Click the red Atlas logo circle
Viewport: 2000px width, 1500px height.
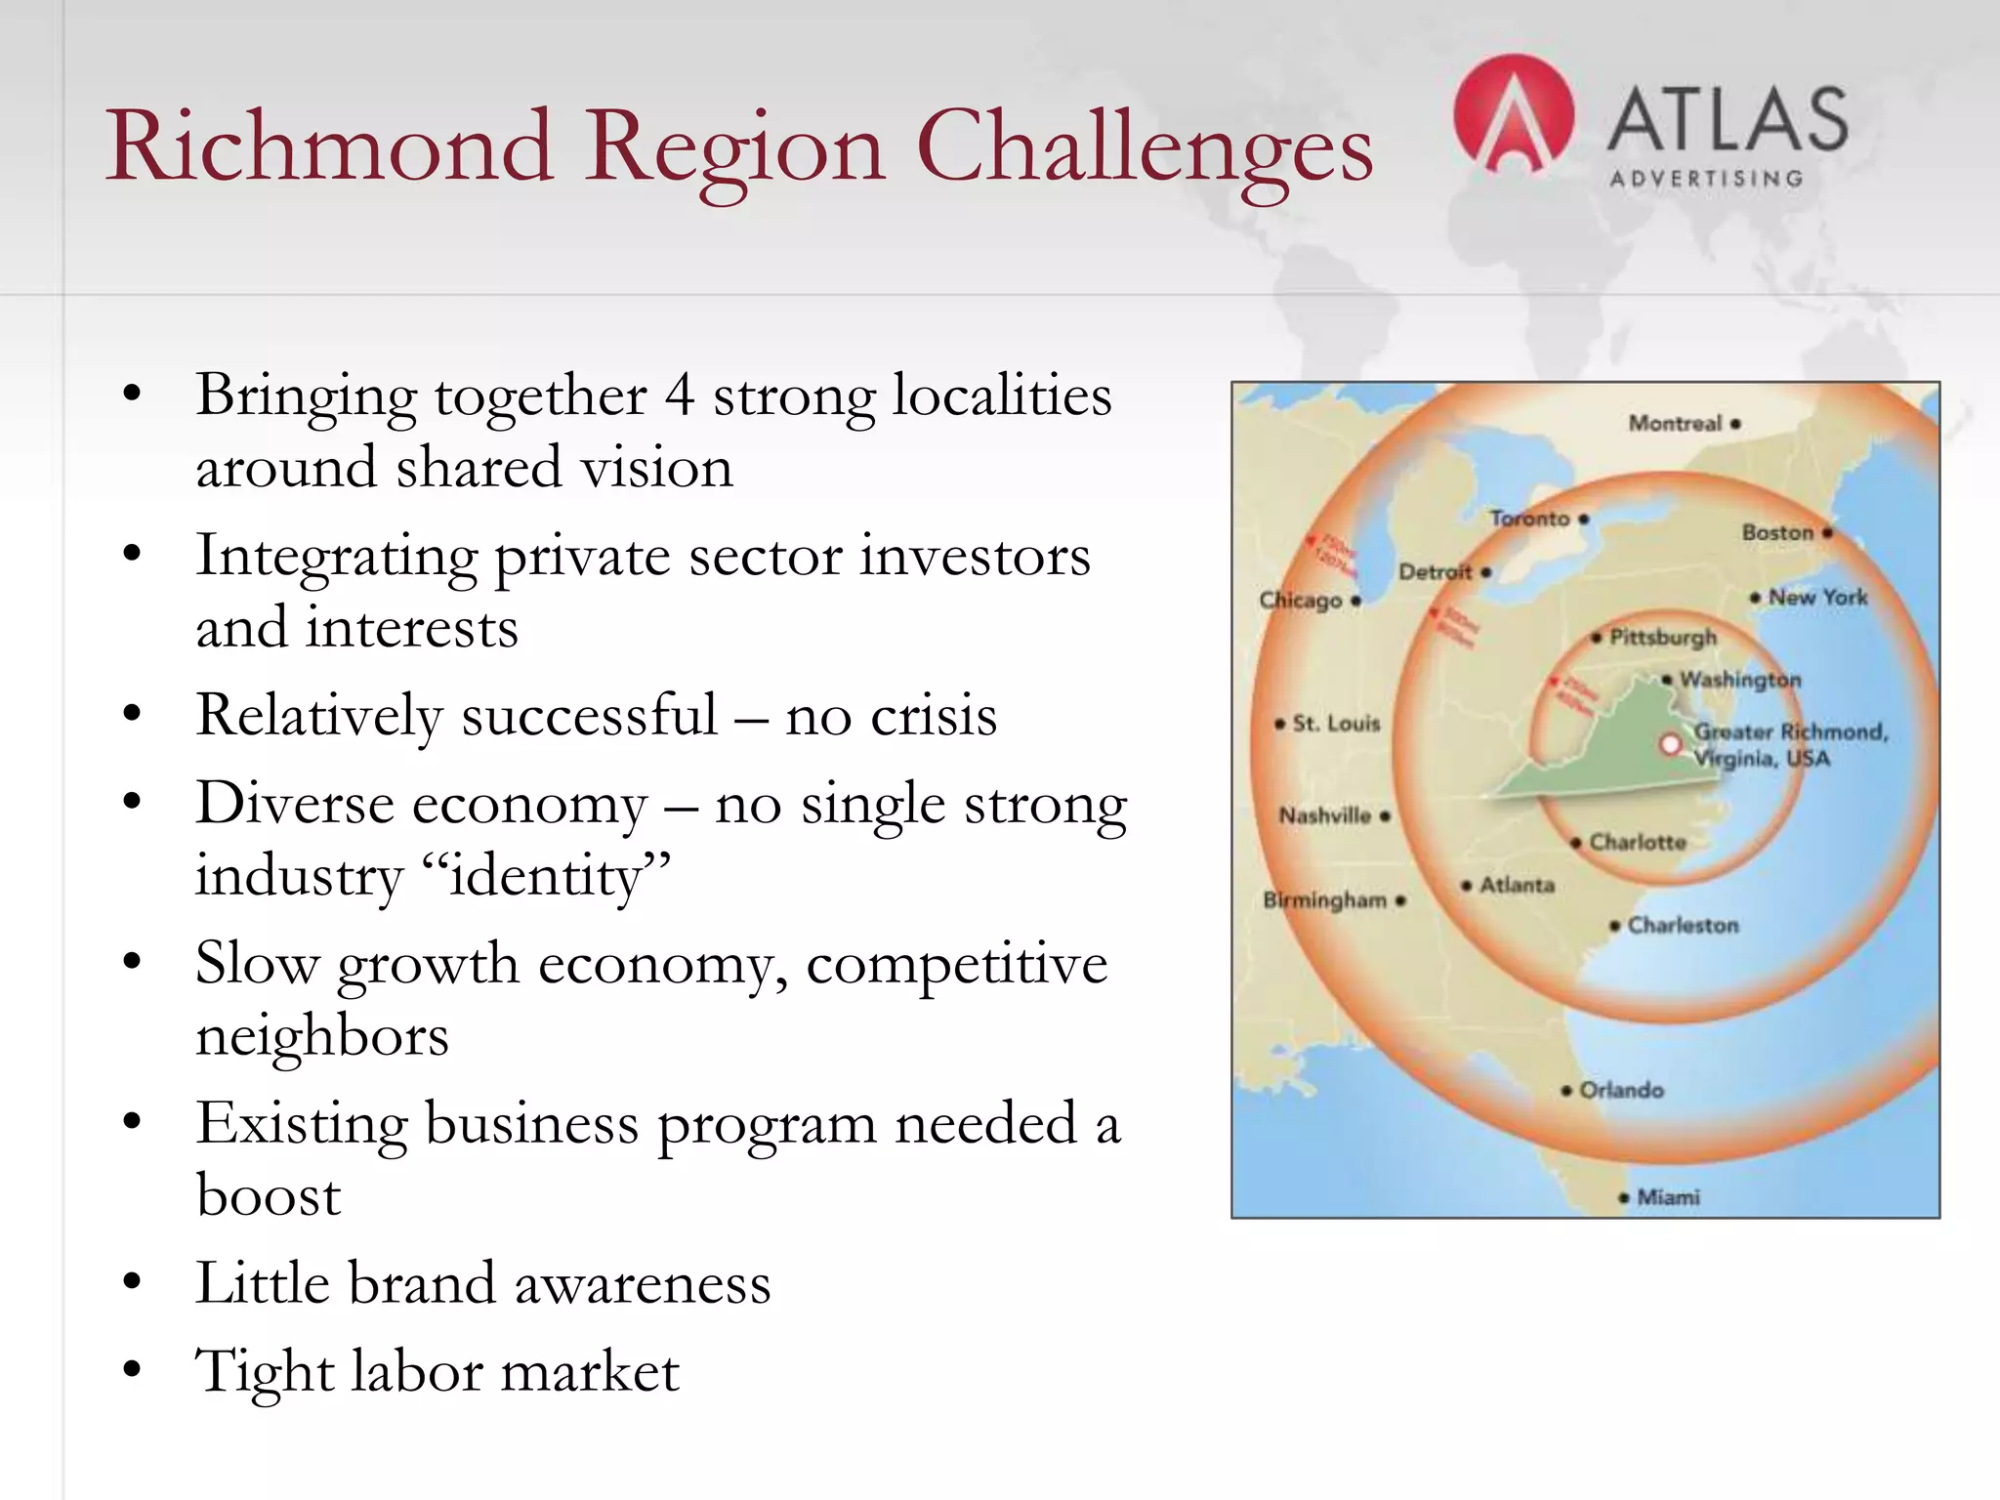(1513, 114)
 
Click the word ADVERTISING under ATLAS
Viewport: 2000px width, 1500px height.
(1706, 180)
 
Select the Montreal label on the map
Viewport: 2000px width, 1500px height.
(1675, 424)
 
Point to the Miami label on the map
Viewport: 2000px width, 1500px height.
(1668, 1197)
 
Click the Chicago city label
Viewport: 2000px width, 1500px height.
(1301, 601)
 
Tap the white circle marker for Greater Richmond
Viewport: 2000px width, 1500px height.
(1670, 745)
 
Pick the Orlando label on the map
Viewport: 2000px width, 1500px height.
(1621, 1090)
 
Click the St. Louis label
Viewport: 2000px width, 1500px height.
(1336, 724)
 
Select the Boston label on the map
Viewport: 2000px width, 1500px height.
(1777, 533)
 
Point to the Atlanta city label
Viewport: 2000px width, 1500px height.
(1517, 886)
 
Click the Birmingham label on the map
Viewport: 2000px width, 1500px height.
(1325, 900)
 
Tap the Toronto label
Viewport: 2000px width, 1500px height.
(1529, 519)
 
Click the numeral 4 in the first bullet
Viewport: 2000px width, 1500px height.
(680, 396)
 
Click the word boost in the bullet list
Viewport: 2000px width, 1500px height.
(269, 1195)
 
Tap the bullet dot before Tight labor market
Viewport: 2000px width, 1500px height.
(133, 1369)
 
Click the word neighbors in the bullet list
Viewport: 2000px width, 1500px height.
(322, 1035)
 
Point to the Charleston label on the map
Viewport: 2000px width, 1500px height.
(1683, 926)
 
